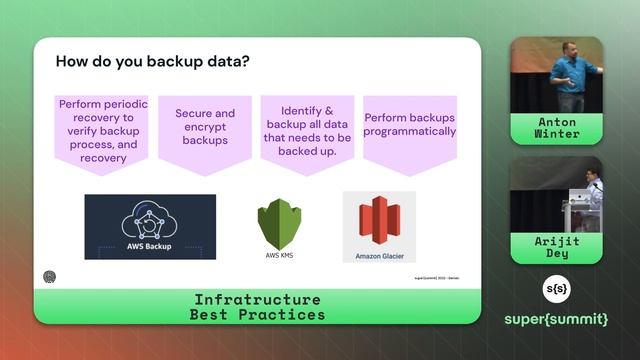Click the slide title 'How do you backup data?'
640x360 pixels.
point(152,61)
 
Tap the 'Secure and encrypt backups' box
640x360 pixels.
point(205,128)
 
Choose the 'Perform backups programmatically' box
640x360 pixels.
point(409,126)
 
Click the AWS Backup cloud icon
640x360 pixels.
point(149,220)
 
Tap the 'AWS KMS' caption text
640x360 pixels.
point(278,255)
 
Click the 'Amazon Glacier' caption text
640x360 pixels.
point(378,256)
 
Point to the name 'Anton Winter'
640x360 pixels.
point(557,127)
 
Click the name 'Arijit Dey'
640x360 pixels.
point(557,247)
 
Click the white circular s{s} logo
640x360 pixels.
point(556,288)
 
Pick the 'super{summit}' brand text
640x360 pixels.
point(556,319)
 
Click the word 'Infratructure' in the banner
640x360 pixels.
point(257,300)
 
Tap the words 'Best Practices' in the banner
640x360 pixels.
point(257,314)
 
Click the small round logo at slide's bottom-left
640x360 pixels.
point(50,277)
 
